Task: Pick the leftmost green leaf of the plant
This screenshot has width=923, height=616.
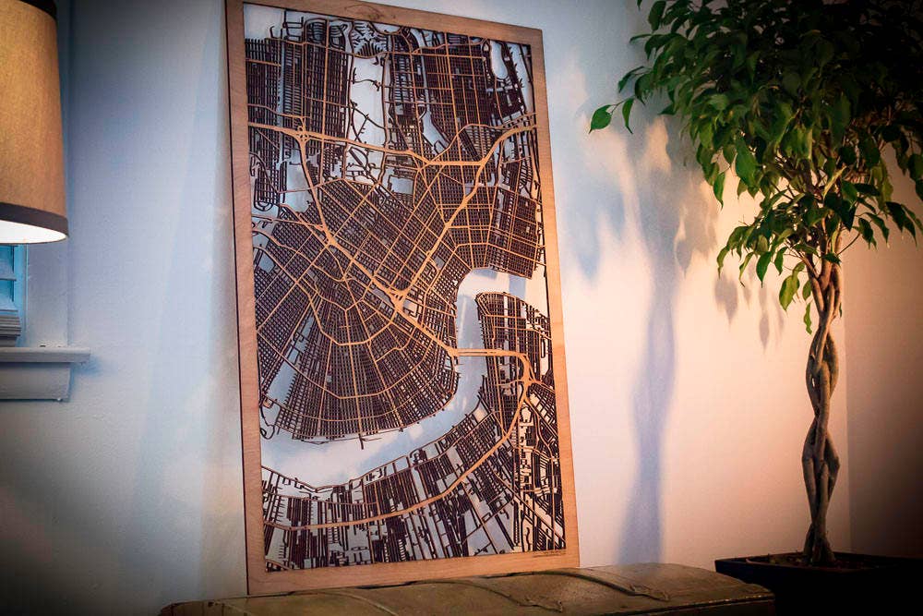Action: click(x=601, y=117)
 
